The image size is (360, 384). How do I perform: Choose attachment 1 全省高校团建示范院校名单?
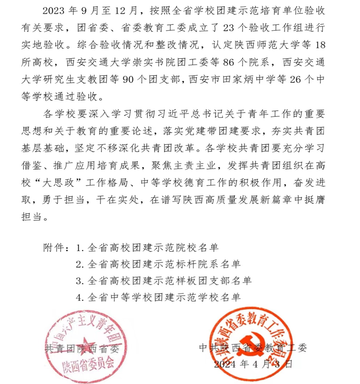coord(150,247)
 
